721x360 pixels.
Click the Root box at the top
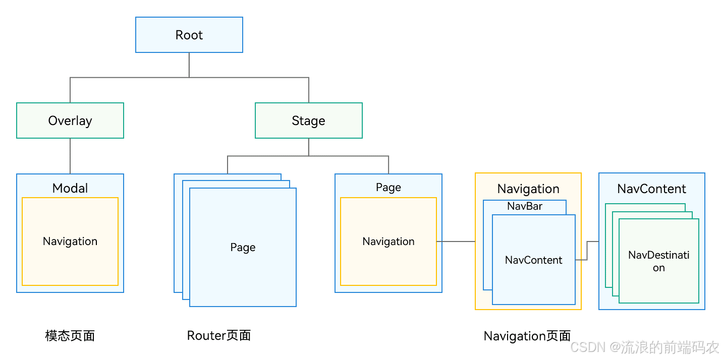click(189, 35)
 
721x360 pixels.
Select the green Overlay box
click(70, 121)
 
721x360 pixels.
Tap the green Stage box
click(308, 121)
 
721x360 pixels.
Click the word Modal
click(70, 188)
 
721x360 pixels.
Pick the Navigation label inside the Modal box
click(70, 241)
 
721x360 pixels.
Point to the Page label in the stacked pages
click(243, 247)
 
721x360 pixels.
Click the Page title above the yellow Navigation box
click(389, 187)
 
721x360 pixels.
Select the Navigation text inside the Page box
click(389, 242)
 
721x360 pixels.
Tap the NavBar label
click(525, 206)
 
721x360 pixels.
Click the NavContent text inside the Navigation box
click(533, 260)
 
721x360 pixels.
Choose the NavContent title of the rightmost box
click(651, 189)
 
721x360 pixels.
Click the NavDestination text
click(658, 261)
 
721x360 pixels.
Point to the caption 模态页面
click(70, 336)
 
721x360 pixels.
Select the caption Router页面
click(219, 335)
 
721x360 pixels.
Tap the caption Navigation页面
click(527, 336)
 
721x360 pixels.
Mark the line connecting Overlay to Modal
click(70, 156)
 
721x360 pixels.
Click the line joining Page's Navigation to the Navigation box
click(456, 242)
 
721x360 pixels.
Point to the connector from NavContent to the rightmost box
click(587, 251)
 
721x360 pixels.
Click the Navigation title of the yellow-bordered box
click(528, 189)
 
